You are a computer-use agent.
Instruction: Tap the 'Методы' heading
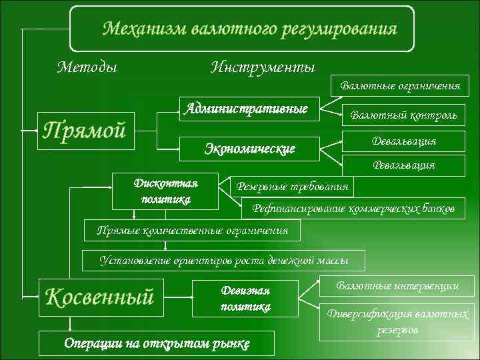87,67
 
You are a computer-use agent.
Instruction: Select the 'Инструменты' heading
263,67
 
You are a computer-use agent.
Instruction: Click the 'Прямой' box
85,130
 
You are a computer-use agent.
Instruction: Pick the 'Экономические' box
249,148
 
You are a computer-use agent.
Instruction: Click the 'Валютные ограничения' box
400,86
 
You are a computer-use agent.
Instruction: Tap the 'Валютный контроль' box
404,115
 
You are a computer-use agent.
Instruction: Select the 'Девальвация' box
404,141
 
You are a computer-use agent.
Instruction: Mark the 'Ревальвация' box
403,165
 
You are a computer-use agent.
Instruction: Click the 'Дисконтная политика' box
166,190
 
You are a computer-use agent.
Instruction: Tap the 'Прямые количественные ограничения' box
193,231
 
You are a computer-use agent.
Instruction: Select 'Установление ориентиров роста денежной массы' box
223,260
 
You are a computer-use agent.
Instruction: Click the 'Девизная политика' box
245,299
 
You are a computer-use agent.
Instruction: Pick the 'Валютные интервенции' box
398,287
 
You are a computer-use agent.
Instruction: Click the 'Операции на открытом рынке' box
157,343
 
